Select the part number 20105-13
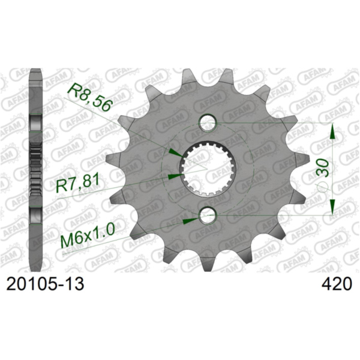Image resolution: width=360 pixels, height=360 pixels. (45, 284)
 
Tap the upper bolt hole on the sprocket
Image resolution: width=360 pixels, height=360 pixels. (208, 124)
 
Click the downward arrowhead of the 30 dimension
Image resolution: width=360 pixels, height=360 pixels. (331, 206)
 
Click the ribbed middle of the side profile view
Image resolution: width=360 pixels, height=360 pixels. (36, 170)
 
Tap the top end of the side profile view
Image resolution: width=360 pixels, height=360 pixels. (36, 73)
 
